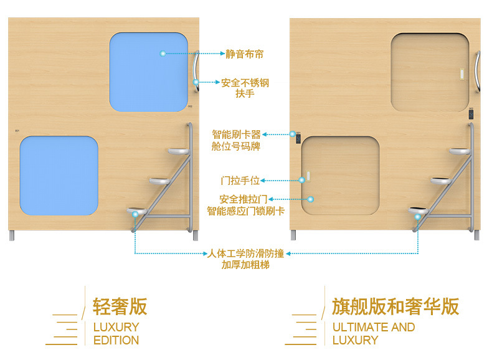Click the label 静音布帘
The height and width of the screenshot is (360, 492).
(x=244, y=54)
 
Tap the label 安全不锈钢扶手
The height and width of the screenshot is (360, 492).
(x=245, y=88)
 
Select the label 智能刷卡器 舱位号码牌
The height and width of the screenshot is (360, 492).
(x=236, y=140)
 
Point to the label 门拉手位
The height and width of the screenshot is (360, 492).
(x=240, y=181)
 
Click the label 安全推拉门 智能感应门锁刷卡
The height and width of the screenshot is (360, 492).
(x=245, y=205)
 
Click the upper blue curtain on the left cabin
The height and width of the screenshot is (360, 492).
(x=149, y=72)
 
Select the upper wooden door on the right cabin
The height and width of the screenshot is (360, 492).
(x=430, y=72)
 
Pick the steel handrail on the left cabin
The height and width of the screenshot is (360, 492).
(x=197, y=73)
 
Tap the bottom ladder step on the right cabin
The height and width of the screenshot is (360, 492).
(x=420, y=211)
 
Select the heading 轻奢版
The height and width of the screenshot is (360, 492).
(x=120, y=306)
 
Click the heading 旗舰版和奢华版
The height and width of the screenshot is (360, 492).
(x=395, y=306)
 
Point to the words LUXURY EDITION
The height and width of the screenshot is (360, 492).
(x=116, y=333)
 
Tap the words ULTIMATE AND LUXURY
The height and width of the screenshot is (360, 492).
(x=373, y=333)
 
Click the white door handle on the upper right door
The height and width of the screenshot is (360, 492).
(x=461, y=72)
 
